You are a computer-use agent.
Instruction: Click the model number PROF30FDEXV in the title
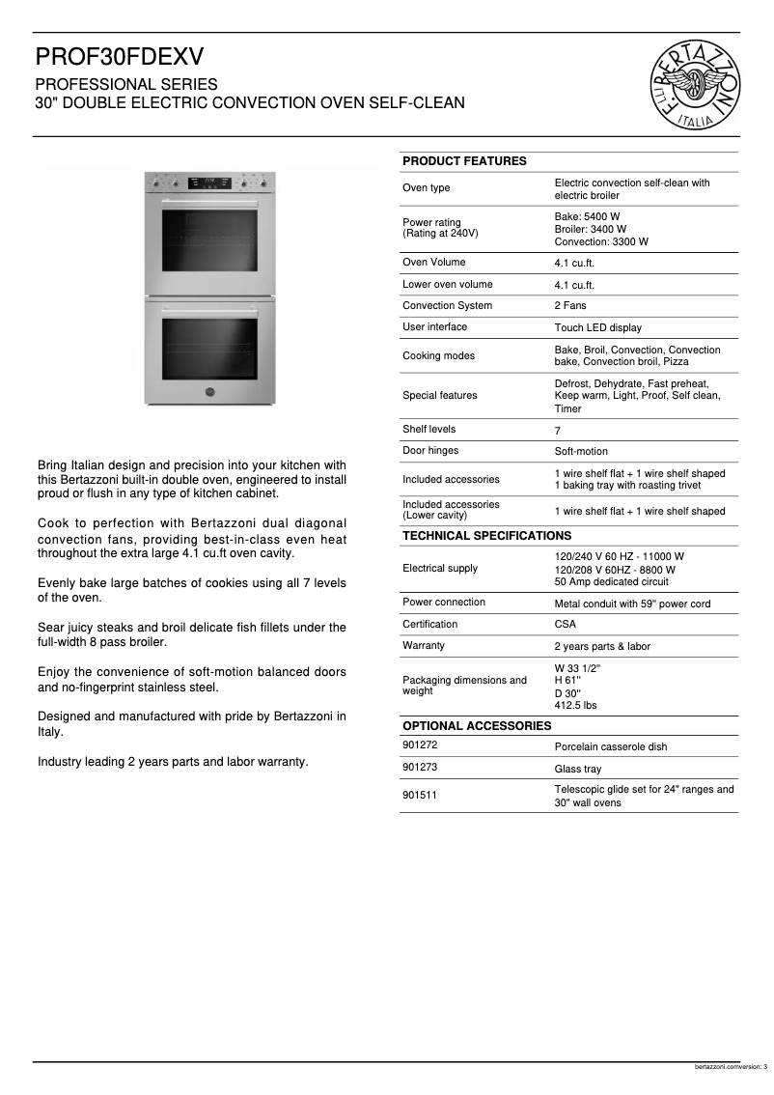tap(121, 57)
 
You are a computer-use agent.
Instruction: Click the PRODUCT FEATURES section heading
tap(464, 161)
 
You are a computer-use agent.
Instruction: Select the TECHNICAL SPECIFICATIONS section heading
tap(486, 536)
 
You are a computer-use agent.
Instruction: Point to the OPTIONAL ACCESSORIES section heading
tap(477, 726)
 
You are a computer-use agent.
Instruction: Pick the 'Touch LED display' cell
tap(597, 328)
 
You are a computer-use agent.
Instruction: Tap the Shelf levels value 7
tap(557, 431)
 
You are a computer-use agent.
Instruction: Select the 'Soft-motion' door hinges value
tap(581, 452)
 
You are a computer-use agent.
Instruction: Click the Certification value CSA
tap(565, 625)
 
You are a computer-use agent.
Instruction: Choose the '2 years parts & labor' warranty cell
tap(602, 647)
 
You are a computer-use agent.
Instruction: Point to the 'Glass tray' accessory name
tap(577, 770)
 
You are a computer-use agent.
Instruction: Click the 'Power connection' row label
tap(444, 603)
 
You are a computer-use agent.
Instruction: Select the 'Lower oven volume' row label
tap(447, 285)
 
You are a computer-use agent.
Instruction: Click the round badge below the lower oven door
tap(209, 391)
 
